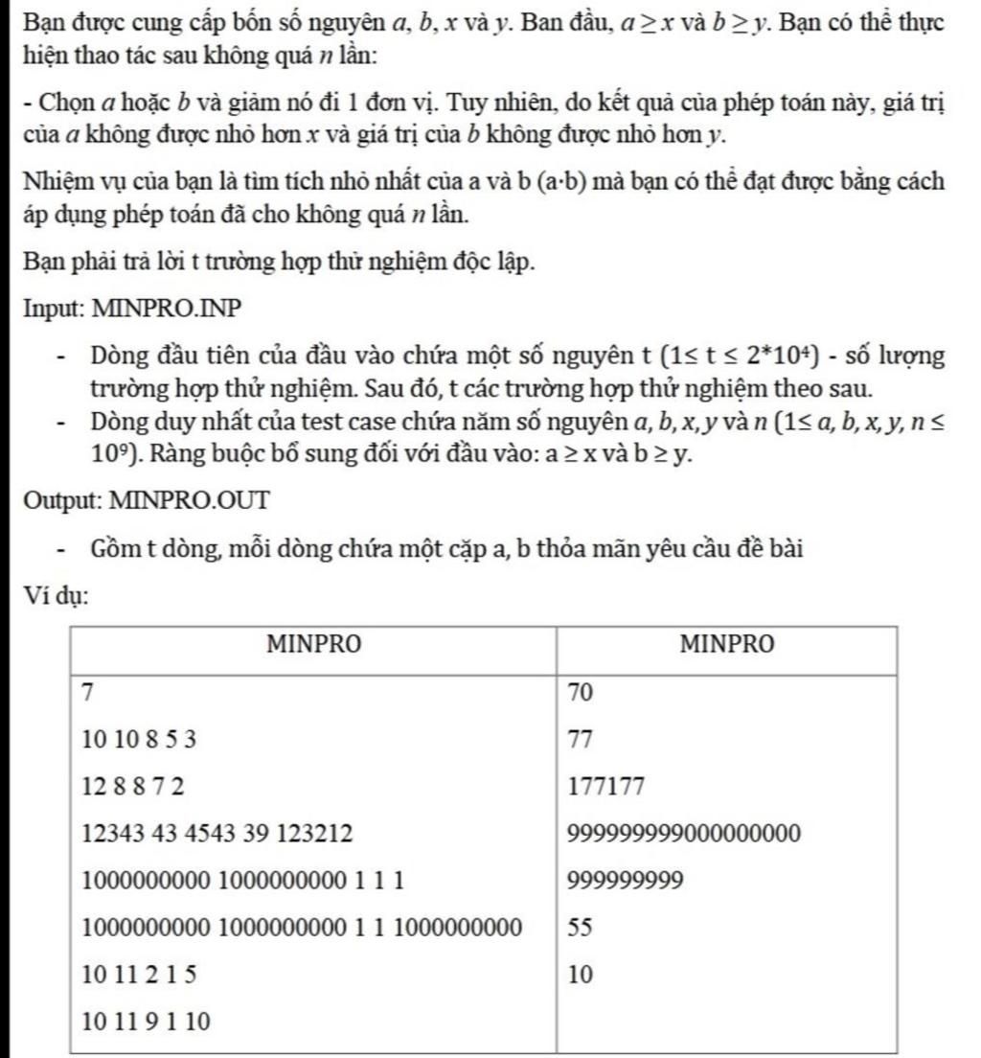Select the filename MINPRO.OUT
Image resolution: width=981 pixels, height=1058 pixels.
pyautogui.click(x=191, y=499)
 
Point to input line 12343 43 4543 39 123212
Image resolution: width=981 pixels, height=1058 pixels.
pyautogui.click(x=217, y=834)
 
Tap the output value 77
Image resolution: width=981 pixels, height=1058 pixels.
pyautogui.click(x=582, y=740)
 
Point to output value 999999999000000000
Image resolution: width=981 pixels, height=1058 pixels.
pyautogui.click(x=684, y=834)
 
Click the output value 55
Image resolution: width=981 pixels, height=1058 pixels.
pyautogui.click(x=582, y=928)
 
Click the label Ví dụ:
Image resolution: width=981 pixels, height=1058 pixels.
pyautogui.click(x=57, y=596)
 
